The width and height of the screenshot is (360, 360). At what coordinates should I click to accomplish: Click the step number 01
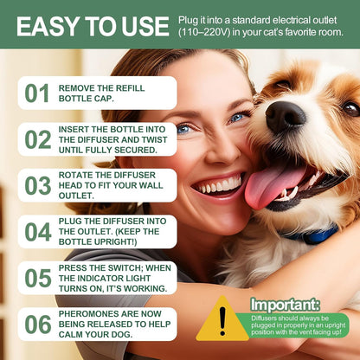(x=36, y=93)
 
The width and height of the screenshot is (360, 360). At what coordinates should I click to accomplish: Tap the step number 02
(x=37, y=139)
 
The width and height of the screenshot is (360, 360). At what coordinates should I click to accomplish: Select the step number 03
(x=37, y=185)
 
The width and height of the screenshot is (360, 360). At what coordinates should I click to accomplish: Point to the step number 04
(x=37, y=232)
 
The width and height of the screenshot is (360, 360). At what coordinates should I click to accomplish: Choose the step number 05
(x=37, y=278)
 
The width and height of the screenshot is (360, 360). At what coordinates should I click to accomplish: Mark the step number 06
(x=37, y=325)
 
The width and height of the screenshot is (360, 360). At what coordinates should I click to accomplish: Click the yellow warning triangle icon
(x=222, y=320)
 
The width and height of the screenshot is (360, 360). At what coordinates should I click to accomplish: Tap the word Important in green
(x=284, y=305)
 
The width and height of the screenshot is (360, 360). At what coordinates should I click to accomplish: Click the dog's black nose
(x=285, y=117)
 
